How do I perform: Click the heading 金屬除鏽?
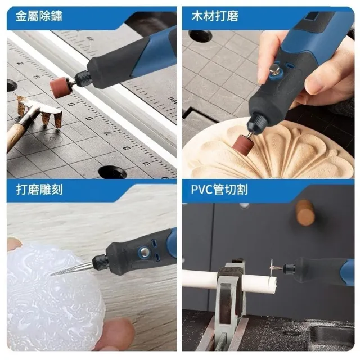click(x=39, y=16)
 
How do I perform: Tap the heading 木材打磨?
click(x=215, y=16)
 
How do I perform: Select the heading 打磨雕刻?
click(x=39, y=190)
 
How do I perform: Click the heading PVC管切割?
click(x=219, y=190)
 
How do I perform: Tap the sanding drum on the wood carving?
click(x=241, y=145)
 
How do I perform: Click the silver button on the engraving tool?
click(x=144, y=251)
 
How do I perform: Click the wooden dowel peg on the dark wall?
click(x=305, y=213)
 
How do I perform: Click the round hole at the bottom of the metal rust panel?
click(x=112, y=172)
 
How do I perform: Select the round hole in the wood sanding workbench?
click(x=200, y=36)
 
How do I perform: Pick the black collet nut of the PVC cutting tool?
click(x=289, y=268)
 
